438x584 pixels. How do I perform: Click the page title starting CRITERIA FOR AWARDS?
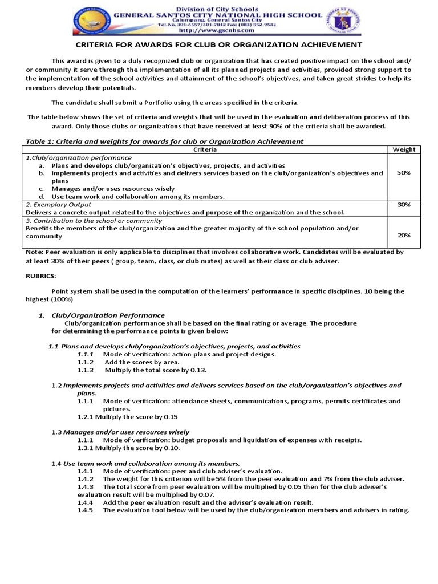tap(219, 44)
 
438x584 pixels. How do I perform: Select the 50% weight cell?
tap(403, 173)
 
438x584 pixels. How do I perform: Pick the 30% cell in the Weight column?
tap(403, 204)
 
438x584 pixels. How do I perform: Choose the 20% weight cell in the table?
tap(403, 235)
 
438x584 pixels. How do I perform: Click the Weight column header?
tap(403, 149)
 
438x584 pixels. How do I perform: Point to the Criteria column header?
tap(205, 149)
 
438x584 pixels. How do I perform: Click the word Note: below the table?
tap(35, 252)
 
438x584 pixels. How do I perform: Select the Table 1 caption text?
tap(165, 141)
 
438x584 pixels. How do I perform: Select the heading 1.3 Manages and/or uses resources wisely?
tap(121, 432)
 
